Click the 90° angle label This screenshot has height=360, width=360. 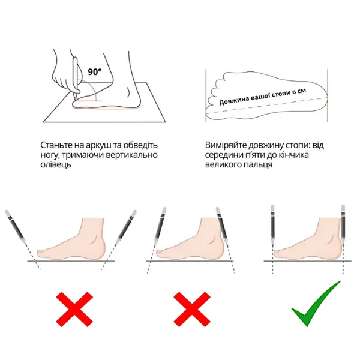(x=95, y=72)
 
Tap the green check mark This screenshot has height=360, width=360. (x=316, y=303)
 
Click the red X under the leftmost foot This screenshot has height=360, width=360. (x=74, y=309)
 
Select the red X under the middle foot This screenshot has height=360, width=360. (x=192, y=309)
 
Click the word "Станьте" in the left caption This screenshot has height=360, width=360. (x=56, y=145)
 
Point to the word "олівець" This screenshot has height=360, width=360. (x=56, y=164)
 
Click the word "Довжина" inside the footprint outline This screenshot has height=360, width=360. (x=234, y=101)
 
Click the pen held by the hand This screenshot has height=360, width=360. (x=76, y=76)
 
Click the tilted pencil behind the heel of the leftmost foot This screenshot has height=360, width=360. (x=127, y=227)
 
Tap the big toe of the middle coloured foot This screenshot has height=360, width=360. (x=160, y=253)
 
